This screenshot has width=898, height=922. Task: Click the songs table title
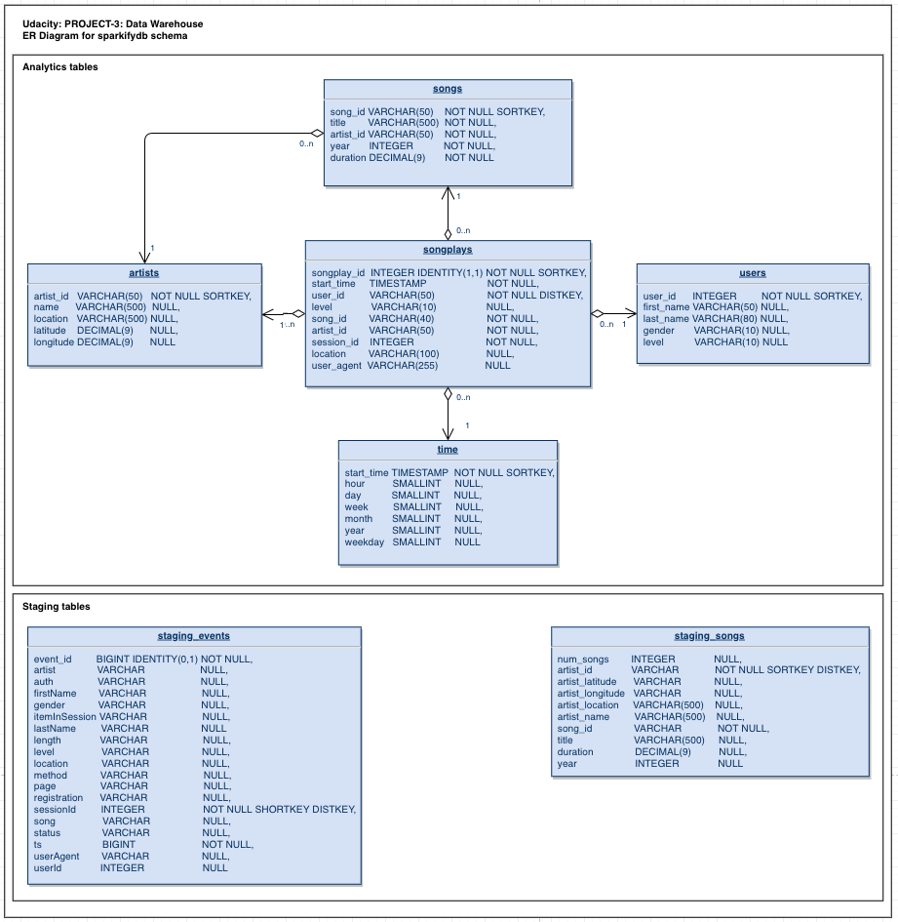(448, 89)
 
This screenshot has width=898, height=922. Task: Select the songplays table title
(448, 250)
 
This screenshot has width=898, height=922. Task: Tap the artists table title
(144, 273)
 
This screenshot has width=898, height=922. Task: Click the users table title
(753, 273)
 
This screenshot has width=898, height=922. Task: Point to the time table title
(448, 450)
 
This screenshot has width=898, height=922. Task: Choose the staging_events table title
(194, 636)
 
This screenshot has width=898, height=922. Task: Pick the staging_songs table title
(709, 636)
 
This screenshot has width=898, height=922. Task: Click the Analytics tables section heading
(60, 67)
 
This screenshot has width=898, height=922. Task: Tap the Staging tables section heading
(57, 607)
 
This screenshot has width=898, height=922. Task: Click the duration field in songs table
(348, 158)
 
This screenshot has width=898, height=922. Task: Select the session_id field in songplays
(335, 342)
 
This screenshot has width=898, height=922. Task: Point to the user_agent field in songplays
(336, 366)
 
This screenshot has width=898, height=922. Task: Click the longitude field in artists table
(54, 342)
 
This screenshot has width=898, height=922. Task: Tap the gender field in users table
(659, 331)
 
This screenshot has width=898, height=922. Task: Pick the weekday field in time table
(365, 542)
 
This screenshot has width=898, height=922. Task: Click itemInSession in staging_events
(64, 717)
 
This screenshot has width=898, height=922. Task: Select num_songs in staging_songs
(583, 659)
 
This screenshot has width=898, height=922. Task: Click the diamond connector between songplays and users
(599, 314)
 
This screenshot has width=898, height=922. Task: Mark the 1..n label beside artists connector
(287, 325)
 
